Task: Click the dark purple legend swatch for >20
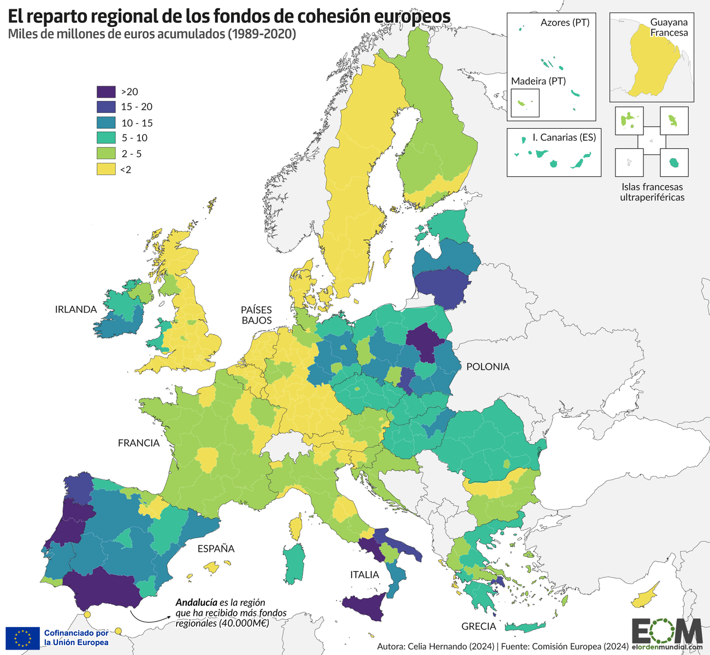(x=106, y=91)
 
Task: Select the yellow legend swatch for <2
(x=106, y=169)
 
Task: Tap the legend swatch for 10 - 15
(x=106, y=123)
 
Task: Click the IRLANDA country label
(x=76, y=309)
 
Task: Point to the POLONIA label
(x=488, y=367)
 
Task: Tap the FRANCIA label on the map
(x=139, y=443)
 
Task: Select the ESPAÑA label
(x=216, y=549)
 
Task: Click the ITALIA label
(x=364, y=574)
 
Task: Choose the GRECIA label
(x=478, y=626)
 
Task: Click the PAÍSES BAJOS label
(x=257, y=315)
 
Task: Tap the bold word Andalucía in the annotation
(x=196, y=603)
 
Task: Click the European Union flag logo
(x=22, y=638)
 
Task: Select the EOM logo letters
(x=667, y=631)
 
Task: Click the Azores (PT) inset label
(x=565, y=23)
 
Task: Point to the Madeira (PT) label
(x=538, y=81)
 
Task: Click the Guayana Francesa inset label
(x=668, y=28)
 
